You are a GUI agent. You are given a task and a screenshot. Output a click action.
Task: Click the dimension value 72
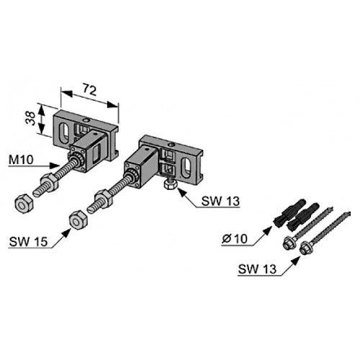89,89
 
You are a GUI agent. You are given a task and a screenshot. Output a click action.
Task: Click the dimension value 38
31,118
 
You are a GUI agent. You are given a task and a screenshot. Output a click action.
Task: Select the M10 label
21,159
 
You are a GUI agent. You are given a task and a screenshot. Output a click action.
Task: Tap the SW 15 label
28,241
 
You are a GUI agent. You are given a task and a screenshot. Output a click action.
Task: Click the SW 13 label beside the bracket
220,201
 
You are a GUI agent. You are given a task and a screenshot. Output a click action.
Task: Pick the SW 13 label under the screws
257,269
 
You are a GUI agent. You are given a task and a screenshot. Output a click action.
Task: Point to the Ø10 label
235,238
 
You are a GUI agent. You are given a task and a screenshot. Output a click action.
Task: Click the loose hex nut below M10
24,204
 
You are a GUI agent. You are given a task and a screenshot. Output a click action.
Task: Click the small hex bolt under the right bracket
170,184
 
